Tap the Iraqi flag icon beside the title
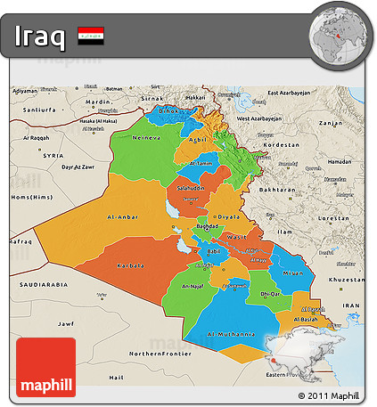(89, 37)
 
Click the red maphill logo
(45, 367)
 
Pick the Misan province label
(291, 273)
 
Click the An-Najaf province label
(194, 286)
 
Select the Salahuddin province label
(190, 190)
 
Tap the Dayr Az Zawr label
(77, 167)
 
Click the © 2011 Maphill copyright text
(329, 395)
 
